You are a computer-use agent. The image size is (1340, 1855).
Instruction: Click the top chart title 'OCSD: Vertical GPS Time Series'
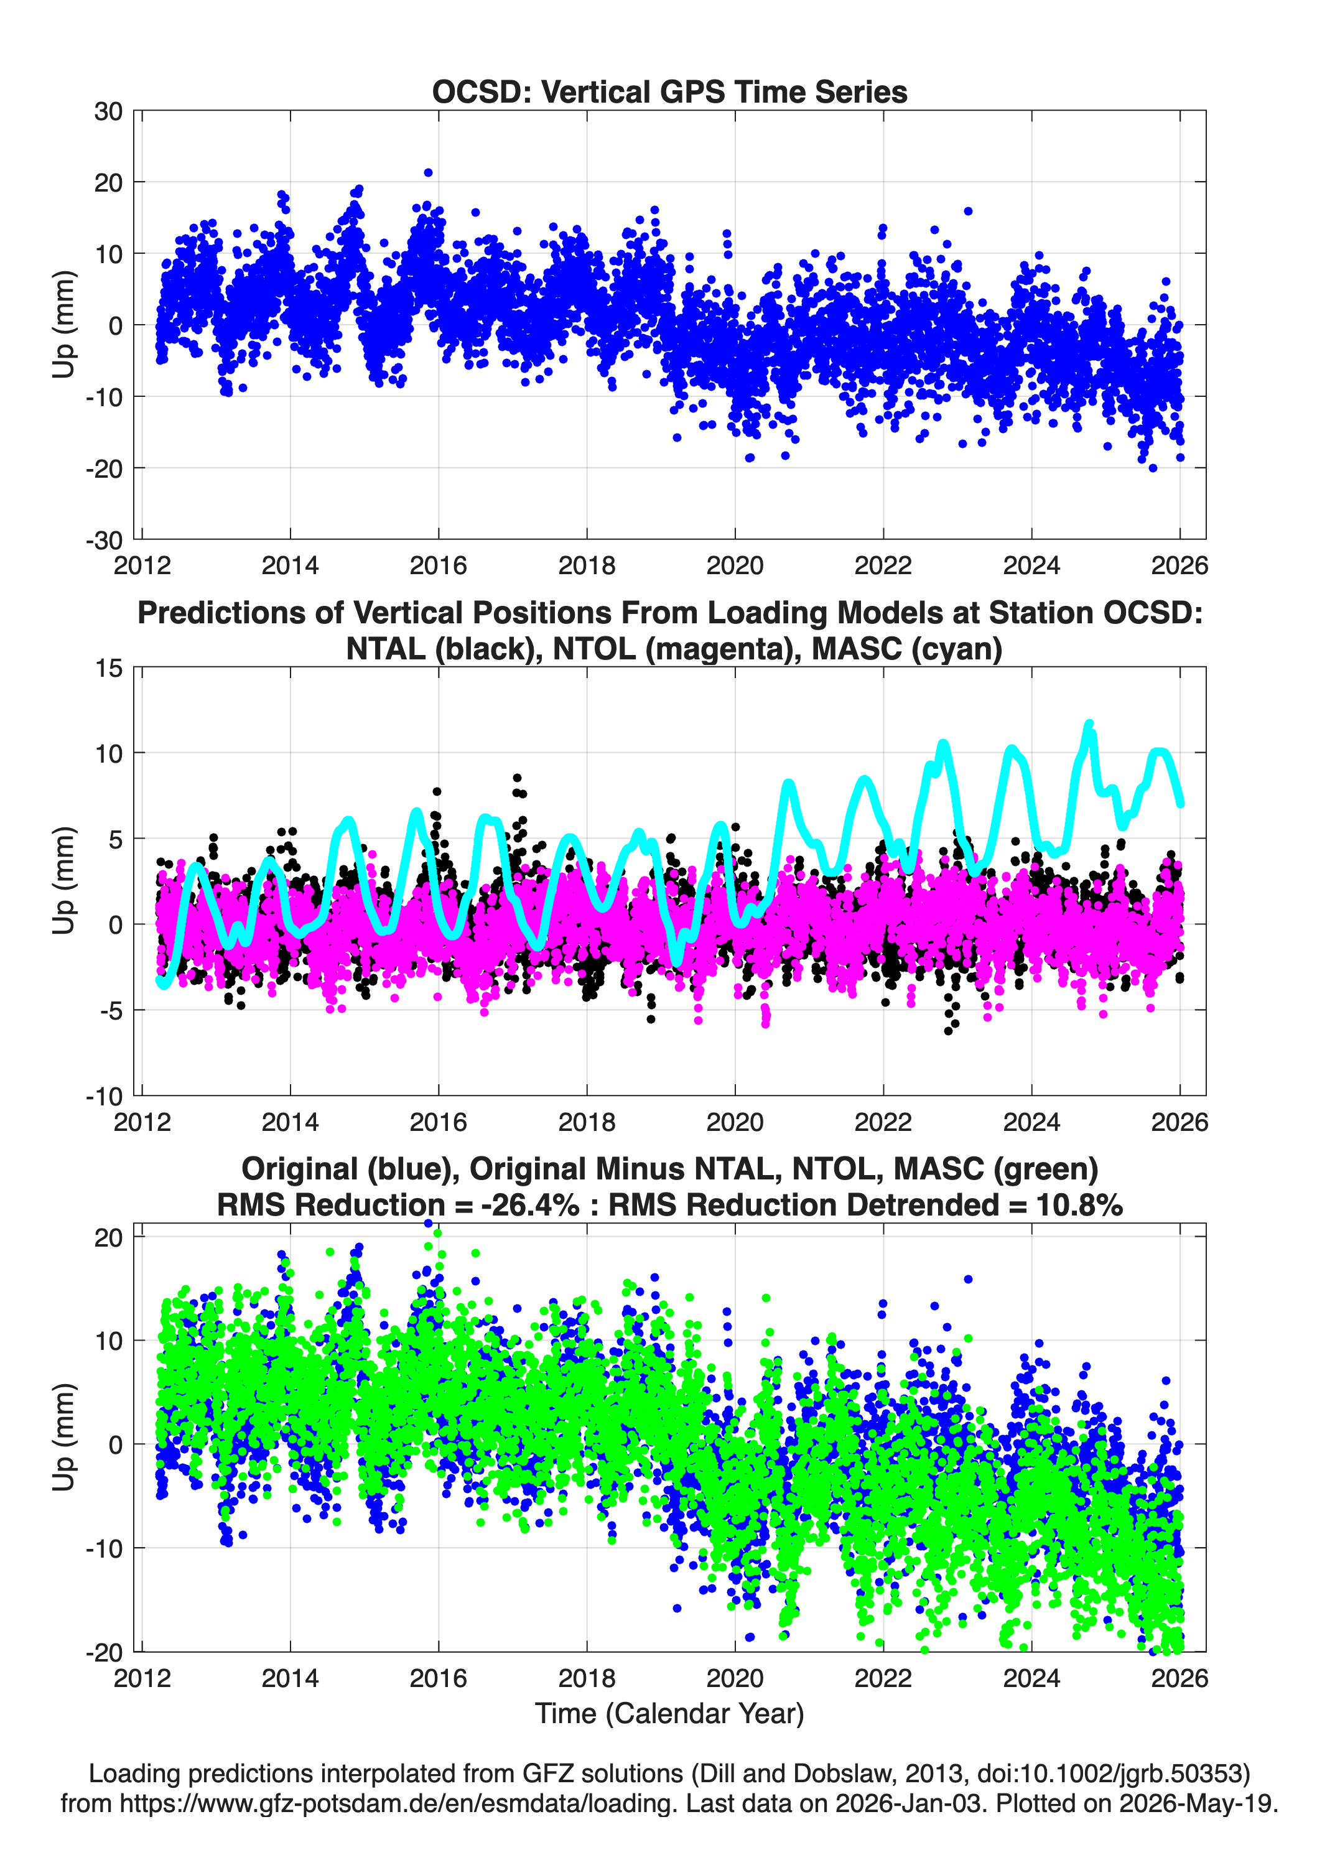(x=669, y=91)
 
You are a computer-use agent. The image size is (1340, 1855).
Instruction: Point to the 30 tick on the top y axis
(x=108, y=111)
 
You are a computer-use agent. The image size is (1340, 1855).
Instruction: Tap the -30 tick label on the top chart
(x=104, y=540)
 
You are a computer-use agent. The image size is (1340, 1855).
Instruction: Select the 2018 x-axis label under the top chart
(x=587, y=565)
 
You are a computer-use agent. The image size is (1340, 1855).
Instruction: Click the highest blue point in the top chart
(x=428, y=172)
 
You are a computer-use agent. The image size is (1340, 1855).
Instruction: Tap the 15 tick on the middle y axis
(x=109, y=667)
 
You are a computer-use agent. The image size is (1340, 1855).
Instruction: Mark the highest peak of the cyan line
(x=1089, y=724)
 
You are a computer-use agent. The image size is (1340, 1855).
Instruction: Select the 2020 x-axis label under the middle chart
(x=735, y=1122)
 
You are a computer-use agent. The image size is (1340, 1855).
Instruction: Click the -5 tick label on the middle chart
(x=111, y=1010)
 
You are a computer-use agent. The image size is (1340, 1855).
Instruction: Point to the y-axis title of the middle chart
(x=64, y=880)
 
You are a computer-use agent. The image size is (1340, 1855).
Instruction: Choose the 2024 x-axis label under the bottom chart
(x=1031, y=1678)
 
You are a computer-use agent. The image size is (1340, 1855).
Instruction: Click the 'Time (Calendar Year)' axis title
(x=670, y=1714)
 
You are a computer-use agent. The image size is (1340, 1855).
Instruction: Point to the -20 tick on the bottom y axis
(x=104, y=1652)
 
